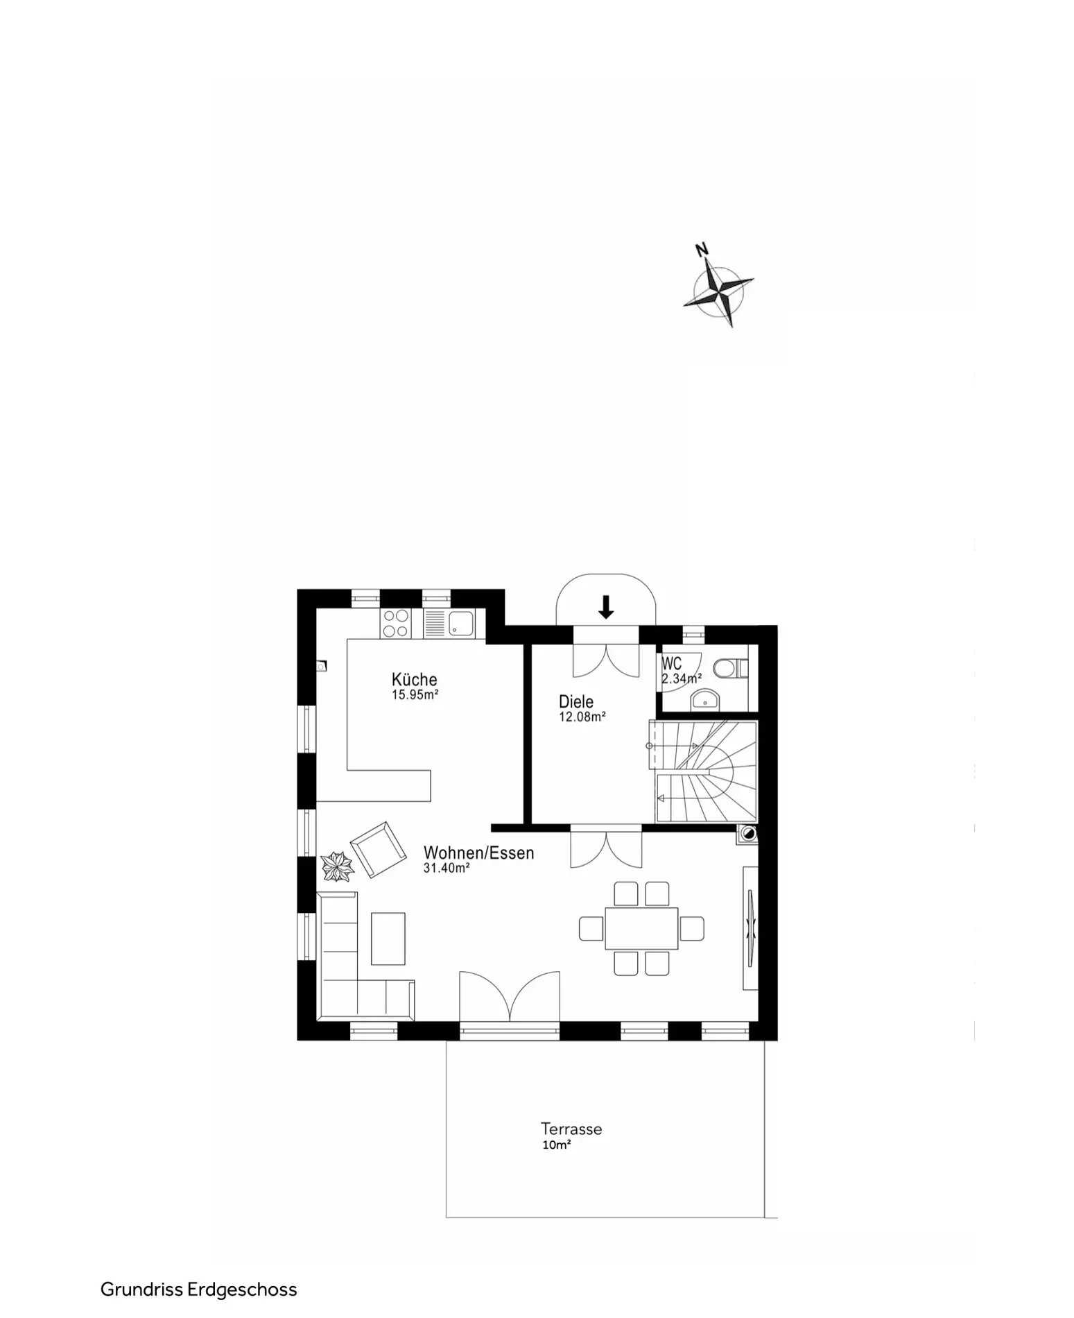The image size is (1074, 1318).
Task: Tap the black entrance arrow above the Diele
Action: [x=606, y=607]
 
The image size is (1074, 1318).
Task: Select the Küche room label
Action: [x=414, y=679]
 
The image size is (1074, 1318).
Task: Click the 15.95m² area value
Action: [x=415, y=694]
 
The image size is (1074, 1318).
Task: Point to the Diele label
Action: [x=576, y=701]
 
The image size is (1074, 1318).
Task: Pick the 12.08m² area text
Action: [x=582, y=717]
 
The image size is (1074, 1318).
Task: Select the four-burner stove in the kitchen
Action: [x=395, y=623]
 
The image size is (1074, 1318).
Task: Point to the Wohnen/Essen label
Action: [x=478, y=853]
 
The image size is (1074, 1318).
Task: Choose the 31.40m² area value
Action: [x=447, y=868]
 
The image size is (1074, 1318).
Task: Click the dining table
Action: [x=641, y=928]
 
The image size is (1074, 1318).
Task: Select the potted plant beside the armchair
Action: [x=338, y=866]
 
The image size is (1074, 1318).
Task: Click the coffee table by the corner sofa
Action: [x=388, y=938]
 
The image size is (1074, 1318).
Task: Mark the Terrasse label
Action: [x=571, y=1129]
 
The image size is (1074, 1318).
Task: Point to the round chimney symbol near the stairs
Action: [x=748, y=834]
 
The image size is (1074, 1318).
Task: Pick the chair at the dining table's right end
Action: [x=692, y=928]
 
